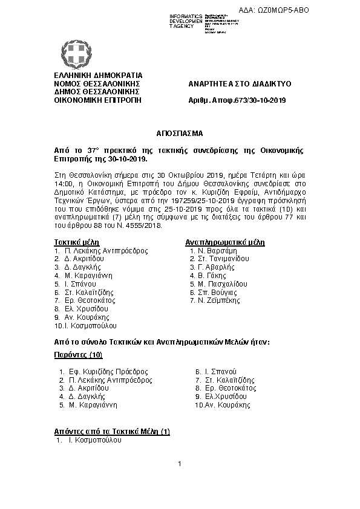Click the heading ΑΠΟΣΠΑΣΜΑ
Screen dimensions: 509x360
click(x=179, y=132)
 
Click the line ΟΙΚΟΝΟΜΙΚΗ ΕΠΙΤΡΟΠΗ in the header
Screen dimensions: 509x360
click(x=97, y=100)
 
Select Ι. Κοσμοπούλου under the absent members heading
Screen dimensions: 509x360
click(x=94, y=441)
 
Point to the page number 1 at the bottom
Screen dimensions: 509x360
click(x=180, y=464)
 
